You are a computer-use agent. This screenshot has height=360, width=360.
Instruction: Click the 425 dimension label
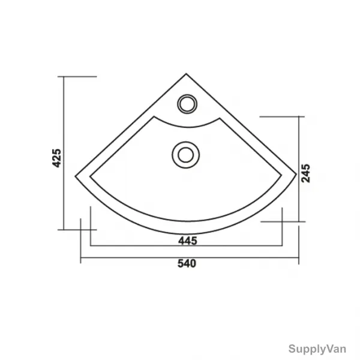(x=57, y=158)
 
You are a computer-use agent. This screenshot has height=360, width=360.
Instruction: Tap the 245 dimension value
(x=305, y=173)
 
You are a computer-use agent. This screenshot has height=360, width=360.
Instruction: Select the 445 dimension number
(x=188, y=241)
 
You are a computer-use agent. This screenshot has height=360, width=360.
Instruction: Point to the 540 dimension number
(x=187, y=263)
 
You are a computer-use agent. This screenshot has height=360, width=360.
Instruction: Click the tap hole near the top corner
(x=187, y=104)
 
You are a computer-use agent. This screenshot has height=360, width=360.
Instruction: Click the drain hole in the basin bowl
(x=185, y=155)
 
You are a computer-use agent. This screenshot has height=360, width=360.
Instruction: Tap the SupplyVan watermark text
(x=317, y=349)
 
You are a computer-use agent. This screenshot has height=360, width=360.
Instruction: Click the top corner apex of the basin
(x=186, y=74)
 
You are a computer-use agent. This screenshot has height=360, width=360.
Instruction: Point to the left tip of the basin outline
(x=76, y=176)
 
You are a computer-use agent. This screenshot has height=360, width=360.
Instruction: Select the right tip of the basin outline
(x=296, y=174)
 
